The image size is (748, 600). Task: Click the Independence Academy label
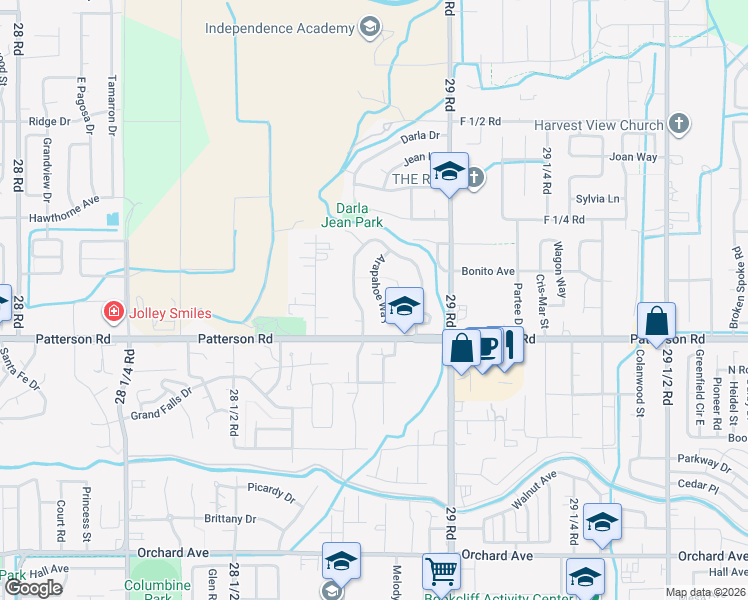[279, 28]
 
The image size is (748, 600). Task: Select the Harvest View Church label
[598, 125]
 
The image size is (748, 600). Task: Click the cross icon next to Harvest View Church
[679, 124]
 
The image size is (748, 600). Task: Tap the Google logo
[34, 588]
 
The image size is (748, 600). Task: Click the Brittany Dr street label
[230, 519]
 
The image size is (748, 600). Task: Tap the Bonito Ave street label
[488, 271]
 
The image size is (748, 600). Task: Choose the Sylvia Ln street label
[598, 199]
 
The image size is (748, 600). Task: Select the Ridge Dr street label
[50, 121]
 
